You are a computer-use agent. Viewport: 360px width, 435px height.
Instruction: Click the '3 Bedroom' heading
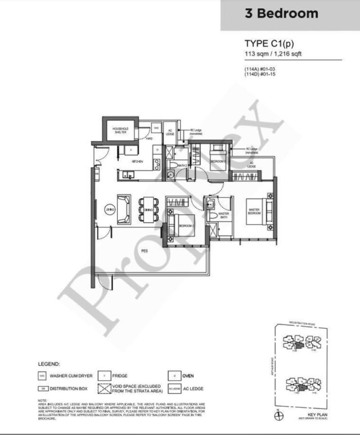point(281,13)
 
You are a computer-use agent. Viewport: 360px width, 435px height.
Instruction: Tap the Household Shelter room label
point(120,130)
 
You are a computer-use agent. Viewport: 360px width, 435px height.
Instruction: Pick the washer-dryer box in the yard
point(156,128)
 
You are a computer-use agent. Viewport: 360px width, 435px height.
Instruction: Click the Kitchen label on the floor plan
point(137,161)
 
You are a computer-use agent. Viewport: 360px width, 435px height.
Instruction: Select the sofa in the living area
point(124,209)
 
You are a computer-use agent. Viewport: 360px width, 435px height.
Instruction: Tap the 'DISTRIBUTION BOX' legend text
point(68,388)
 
